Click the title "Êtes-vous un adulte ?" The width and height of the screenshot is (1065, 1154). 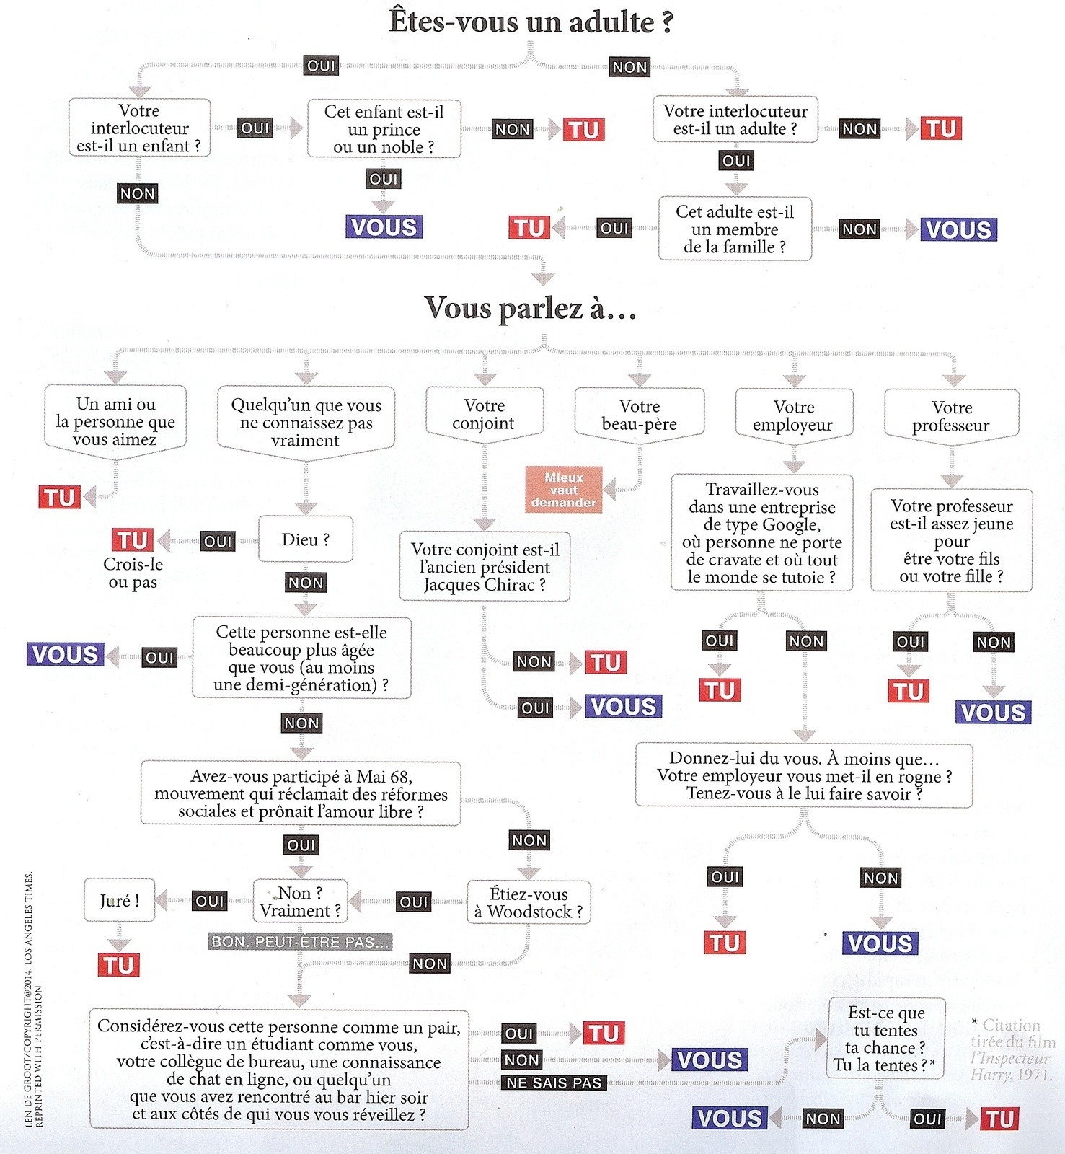coord(531,22)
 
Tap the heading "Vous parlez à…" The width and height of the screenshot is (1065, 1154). coord(530,308)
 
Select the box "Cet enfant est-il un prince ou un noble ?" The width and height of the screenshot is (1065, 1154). coord(384,129)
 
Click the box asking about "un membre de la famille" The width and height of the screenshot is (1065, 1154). coord(735,229)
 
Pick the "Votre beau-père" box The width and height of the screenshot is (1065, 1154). coord(640,414)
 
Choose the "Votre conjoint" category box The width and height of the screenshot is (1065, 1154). coord(484,413)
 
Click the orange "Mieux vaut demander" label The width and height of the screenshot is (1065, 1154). coord(564,490)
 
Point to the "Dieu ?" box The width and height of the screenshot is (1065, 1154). coord(306,539)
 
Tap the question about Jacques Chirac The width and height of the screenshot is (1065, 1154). coord(485,567)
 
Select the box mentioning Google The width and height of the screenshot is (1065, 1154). coord(762,533)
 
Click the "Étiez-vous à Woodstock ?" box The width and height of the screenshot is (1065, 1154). coord(529,902)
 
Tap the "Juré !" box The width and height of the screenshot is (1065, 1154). coord(120,900)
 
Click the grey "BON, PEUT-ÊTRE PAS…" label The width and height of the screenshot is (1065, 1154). coord(300,941)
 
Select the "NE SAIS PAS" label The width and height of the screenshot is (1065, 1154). coord(554,1083)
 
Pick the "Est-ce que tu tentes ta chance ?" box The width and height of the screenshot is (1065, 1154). coord(885,1039)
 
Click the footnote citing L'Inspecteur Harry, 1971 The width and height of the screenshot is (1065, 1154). coord(1012,1049)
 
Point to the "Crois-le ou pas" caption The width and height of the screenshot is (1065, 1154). coord(133,573)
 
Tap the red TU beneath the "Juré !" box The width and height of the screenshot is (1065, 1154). coord(119,965)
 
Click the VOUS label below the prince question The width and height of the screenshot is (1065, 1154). coord(384,227)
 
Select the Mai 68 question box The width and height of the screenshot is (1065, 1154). coord(301,793)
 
